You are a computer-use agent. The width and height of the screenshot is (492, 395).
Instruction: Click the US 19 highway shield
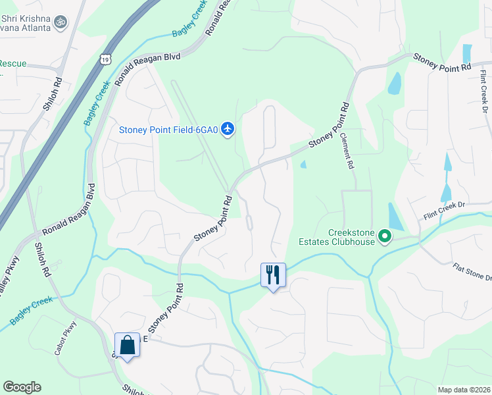105,60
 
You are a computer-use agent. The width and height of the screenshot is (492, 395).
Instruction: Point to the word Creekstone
351,232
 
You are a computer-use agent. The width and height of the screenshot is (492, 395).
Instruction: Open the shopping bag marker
126,345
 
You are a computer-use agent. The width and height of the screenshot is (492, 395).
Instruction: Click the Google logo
22,387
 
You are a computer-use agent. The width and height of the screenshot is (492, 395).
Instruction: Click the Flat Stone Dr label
472,273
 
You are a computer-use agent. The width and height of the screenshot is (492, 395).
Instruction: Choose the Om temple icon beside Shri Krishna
61,22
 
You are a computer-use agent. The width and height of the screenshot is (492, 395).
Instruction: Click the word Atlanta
32,28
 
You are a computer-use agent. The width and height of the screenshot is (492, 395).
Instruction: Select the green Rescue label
13,64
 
